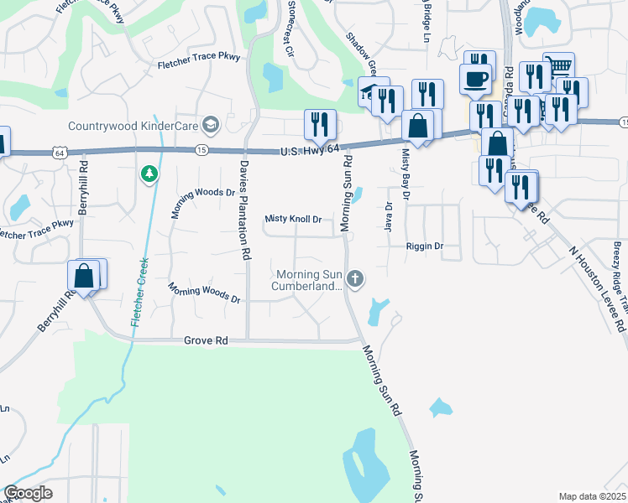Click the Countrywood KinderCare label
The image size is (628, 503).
[132, 126]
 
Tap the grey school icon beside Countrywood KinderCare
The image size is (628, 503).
[210, 125]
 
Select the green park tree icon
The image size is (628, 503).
[149, 174]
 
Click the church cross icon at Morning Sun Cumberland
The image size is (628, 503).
[356, 278]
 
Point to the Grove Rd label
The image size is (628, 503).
[206, 341]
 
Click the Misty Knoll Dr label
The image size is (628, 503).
[294, 219]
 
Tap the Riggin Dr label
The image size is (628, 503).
[424, 246]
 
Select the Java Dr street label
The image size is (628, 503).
[389, 218]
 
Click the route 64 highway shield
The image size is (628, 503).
[58, 153]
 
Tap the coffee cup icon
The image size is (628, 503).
[476, 78]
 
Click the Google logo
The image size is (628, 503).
[28, 493]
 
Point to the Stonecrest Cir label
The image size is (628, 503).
[291, 25]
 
